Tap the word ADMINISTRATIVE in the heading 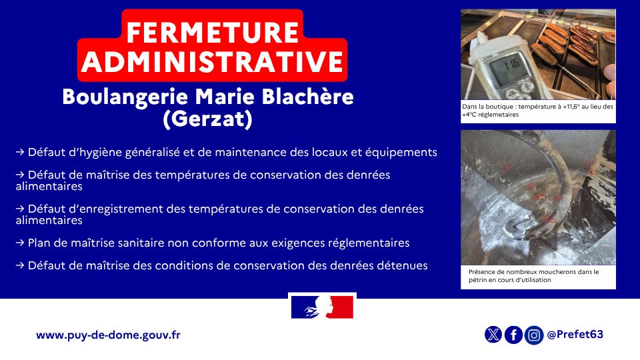[x=213, y=61]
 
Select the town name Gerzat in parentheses [x=207, y=120]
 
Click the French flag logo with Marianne [x=322, y=307]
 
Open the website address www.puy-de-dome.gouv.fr [x=108, y=335]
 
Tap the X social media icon [x=493, y=335]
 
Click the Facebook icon [x=513, y=335]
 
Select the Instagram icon [x=533, y=335]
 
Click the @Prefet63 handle [x=575, y=334]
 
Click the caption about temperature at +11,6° [x=537, y=111]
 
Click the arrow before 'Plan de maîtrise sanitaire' [x=21, y=243]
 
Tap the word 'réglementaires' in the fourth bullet [x=369, y=243]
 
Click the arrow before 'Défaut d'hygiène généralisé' [x=21, y=152]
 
